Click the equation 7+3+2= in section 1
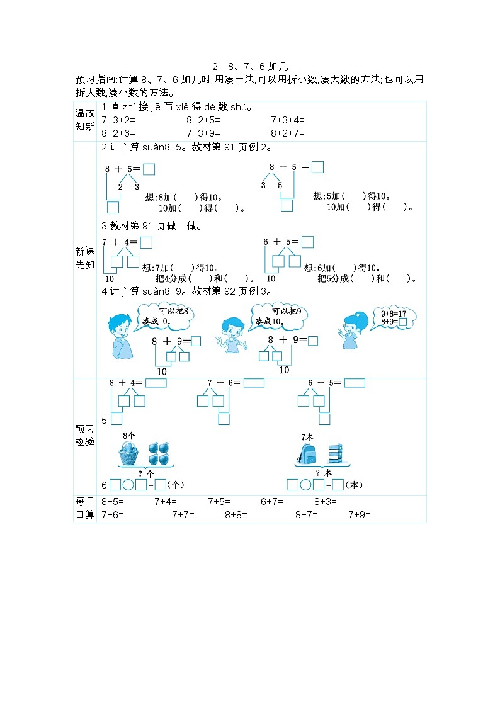tap(118, 120)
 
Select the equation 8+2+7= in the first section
tap(288, 133)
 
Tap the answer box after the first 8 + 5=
tap(149, 169)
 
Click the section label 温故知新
tap(85, 120)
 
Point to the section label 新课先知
tap(85, 257)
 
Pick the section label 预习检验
tap(85, 435)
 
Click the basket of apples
tap(128, 453)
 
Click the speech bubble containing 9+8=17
tap(394, 318)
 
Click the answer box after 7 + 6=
tap(254, 383)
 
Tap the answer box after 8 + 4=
tap(156, 383)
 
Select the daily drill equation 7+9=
tap(360, 514)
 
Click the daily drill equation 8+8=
tap(236, 514)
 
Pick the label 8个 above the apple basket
tap(129, 436)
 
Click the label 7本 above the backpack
tap(307, 437)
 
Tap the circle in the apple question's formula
tap(128, 485)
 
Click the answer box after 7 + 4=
tap(146, 242)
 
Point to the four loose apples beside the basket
tap(159, 453)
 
